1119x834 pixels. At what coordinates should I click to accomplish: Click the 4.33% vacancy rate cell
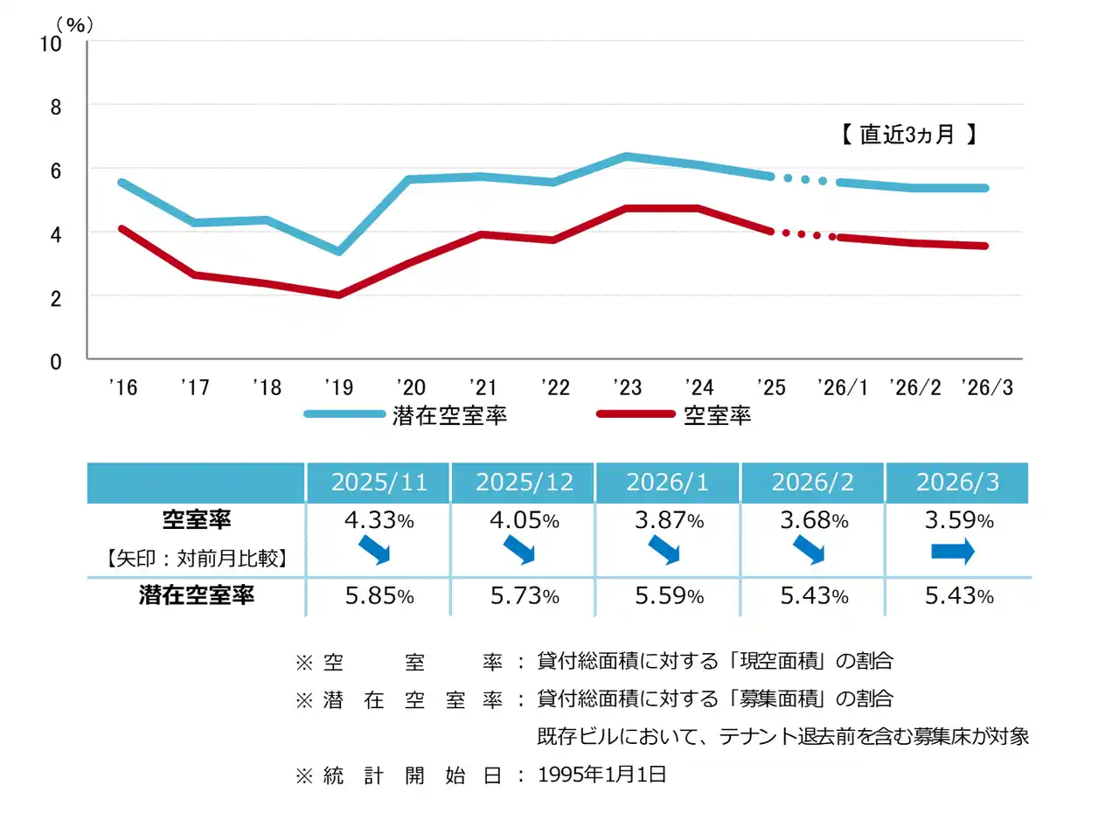[x=379, y=520]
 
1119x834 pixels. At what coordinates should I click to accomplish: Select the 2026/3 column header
[x=957, y=483]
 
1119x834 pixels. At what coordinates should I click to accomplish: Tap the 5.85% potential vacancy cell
[x=379, y=596]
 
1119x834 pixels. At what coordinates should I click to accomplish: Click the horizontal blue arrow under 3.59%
[x=952, y=551]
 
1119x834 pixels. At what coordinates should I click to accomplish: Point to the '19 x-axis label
[x=339, y=387]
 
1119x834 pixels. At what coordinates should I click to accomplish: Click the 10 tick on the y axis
[x=51, y=44]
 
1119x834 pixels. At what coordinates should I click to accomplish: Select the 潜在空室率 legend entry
[x=449, y=415]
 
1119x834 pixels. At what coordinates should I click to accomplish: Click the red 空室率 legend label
[x=717, y=415]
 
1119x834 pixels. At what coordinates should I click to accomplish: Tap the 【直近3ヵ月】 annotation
[x=908, y=135]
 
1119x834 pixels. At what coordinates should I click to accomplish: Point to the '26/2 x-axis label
[x=915, y=387]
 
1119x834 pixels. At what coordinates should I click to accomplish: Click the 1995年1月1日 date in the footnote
[x=601, y=775]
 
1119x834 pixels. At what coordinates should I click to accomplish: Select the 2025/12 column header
[x=524, y=483]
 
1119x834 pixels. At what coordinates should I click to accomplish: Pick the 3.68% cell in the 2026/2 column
[x=814, y=520]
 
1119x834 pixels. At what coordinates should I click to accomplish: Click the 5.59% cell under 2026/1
[x=669, y=596]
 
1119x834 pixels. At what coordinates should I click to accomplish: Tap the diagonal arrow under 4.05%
[x=519, y=550]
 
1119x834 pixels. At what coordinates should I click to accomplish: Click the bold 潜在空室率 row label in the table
[x=196, y=595]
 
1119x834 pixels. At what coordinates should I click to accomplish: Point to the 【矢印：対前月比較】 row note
[x=196, y=558]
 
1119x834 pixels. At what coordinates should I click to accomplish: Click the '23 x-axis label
[x=627, y=387]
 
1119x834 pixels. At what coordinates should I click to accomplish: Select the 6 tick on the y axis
[x=56, y=171]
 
